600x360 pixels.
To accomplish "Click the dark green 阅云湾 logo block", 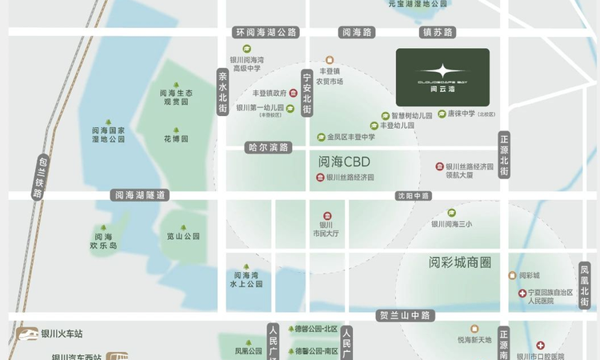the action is click(x=442, y=76).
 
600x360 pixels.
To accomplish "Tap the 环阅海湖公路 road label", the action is click(x=266, y=33).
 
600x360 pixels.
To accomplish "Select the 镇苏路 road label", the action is click(x=438, y=33).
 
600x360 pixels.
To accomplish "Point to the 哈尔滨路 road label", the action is click(x=268, y=147).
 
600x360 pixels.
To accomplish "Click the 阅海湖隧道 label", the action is click(x=141, y=194).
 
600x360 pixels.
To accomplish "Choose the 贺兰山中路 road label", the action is click(x=406, y=316).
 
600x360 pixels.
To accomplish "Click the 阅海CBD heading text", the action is click(x=345, y=161).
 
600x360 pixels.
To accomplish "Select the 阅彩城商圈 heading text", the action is click(x=459, y=262).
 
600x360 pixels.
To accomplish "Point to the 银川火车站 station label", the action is click(x=62, y=334).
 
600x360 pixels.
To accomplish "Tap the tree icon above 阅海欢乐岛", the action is click(x=103, y=227).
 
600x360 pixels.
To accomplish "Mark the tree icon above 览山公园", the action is click(x=183, y=227).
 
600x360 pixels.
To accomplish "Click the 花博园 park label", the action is click(x=176, y=138).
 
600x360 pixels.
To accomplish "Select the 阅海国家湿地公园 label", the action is click(x=109, y=134).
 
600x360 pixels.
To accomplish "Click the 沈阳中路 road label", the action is click(x=414, y=195).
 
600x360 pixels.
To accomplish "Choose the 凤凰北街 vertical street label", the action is click(x=585, y=285).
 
